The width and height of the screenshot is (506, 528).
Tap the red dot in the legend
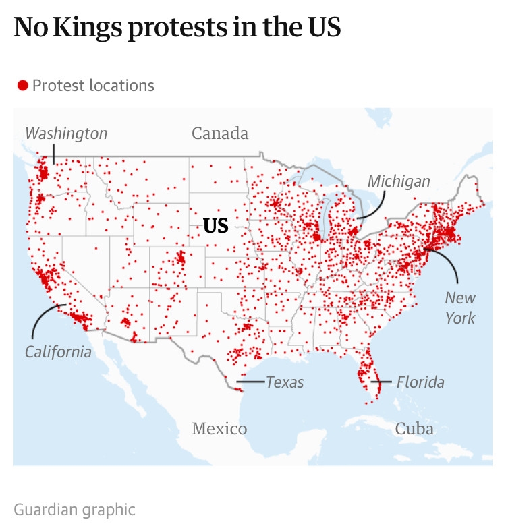coord(22,86)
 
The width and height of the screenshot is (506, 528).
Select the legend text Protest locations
coord(93,86)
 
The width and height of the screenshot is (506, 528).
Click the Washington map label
coord(66,133)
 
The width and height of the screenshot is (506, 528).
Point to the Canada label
coord(220,133)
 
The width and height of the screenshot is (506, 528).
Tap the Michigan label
coord(399,181)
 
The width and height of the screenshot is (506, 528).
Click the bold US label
coord(216,226)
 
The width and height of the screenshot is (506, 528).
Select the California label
coord(58,351)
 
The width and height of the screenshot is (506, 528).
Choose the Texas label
coord(285,382)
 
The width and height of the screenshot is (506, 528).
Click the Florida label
coord(420,382)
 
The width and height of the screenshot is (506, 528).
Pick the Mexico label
coord(219,428)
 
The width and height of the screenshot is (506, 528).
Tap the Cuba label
coord(414,428)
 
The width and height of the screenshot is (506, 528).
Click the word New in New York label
coord(460,297)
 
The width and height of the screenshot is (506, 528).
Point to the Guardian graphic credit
coord(74,509)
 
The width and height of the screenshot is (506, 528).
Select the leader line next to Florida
coord(383,382)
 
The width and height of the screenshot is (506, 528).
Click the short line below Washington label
coord(54,153)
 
